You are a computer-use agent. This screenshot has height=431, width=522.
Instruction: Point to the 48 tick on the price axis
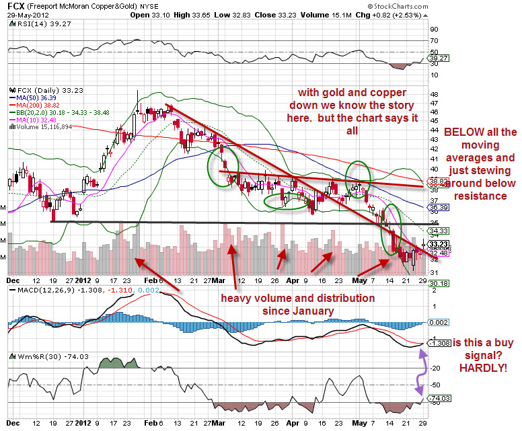tap(435, 93)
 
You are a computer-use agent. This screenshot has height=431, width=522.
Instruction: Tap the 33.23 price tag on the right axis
tap(439, 243)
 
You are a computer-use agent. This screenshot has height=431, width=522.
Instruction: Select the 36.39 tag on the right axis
tap(439, 208)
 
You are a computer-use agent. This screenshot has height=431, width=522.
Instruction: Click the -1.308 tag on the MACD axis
tap(439, 343)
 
